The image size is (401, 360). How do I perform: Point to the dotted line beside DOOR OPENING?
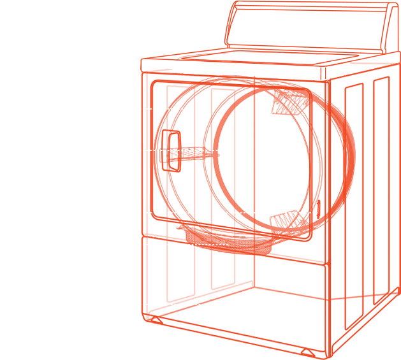(172, 150)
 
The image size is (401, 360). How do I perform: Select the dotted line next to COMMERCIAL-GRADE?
(179, 304)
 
